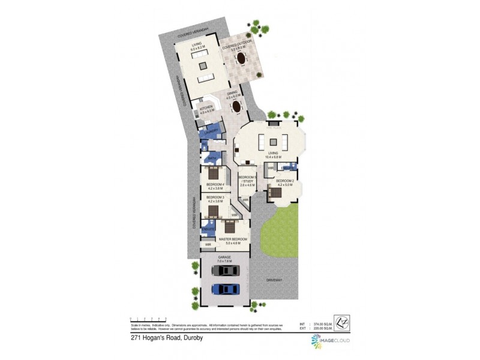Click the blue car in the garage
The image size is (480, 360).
[x=225, y=289]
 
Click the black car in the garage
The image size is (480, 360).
[x=225, y=271]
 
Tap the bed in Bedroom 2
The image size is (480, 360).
[x=275, y=193]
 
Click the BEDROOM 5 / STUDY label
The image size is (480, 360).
[x=248, y=179]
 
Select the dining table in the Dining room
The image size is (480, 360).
[x=238, y=107]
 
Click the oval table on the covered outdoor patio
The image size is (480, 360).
[x=241, y=59]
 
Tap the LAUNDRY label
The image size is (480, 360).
[x=210, y=131]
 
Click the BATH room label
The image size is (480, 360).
[x=212, y=158]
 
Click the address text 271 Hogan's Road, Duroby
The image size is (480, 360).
[x=170, y=338]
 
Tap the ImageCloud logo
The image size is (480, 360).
[x=329, y=341]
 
